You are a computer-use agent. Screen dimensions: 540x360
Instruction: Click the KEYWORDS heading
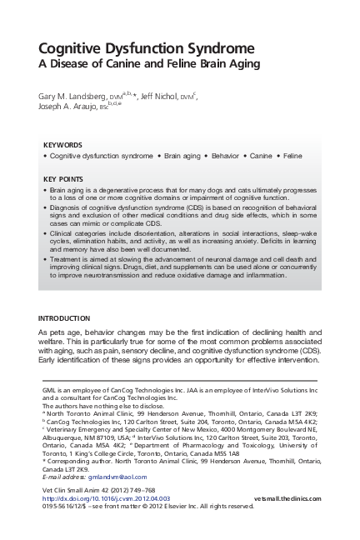click(x=62, y=143)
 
